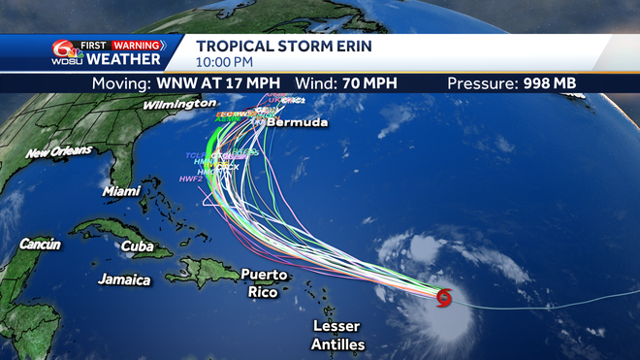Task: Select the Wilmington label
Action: coord(179,104)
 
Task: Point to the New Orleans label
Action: coord(59,152)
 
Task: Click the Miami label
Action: coord(121,191)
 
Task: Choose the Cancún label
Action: coord(39,245)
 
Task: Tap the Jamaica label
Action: coord(124,279)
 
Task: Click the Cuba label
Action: coord(137,245)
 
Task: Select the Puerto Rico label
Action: coord(265,283)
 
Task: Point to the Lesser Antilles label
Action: coord(337,336)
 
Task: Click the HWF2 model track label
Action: coord(190,179)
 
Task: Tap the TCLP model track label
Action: coord(197,156)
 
